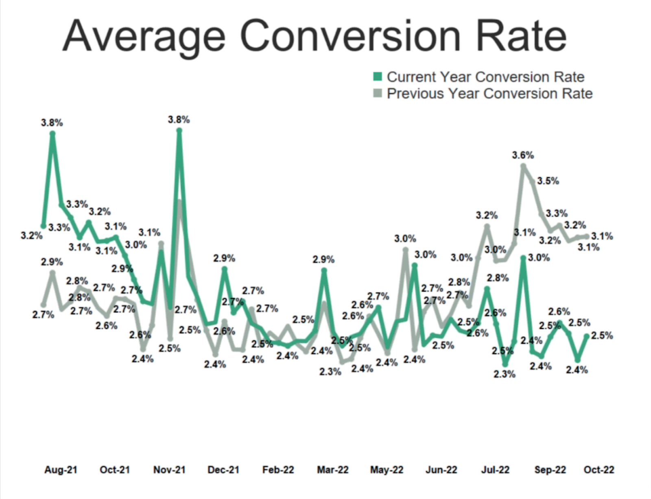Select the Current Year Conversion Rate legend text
pos(485,77)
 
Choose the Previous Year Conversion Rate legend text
pos(489,94)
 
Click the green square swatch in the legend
pos(378,76)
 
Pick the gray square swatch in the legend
pos(378,94)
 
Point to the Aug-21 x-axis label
pos(61,470)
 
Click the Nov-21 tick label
pos(169,470)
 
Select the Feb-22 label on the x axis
pos(278,470)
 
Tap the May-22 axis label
pos(387,470)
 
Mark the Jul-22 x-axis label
pos(495,470)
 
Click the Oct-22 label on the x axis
pos(599,470)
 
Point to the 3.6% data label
pos(523,155)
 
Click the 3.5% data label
pos(548,181)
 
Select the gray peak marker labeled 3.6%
pos(523,166)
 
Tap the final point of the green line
pos(587,336)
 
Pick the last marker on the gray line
pos(587,236)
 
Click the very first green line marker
pos(43,226)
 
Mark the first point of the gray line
pos(43,305)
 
